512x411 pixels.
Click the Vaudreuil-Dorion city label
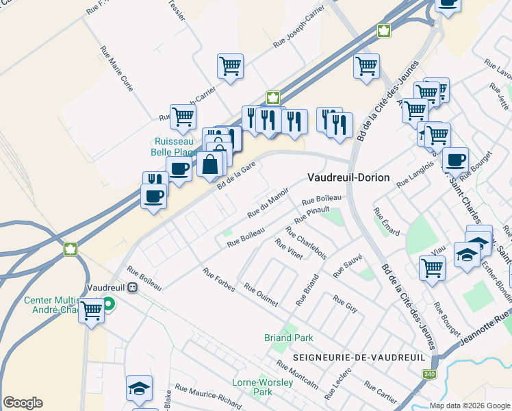(x=348, y=177)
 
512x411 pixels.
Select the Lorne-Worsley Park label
(x=253, y=387)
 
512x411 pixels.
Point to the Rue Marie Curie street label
(x=117, y=69)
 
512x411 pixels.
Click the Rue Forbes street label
(x=218, y=279)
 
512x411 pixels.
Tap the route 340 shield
(x=429, y=374)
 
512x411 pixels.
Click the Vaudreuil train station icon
(x=133, y=288)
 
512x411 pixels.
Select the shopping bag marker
(x=209, y=164)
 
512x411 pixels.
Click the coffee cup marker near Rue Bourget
(x=455, y=161)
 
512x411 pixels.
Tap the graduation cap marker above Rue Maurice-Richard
(x=140, y=388)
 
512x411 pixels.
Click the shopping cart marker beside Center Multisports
(x=91, y=311)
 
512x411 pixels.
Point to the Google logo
(x=23, y=403)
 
